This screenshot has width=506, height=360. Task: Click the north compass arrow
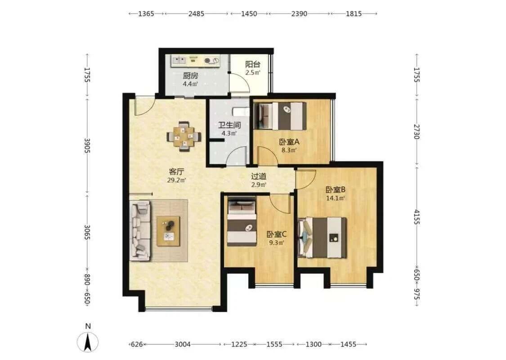pyautogui.click(x=87, y=343)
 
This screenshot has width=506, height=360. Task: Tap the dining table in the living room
pyautogui.click(x=184, y=136)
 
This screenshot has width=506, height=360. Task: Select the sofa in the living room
pyautogui.click(x=140, y=230)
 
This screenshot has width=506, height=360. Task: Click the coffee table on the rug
pyautogui.click(x=168, y=231)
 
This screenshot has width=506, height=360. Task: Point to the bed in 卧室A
pyautogui.click(x=280, y=116)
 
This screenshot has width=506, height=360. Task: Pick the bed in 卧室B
pyautogui.click(x=322, y=237)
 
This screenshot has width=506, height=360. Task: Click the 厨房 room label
pyautogui.click(x=190, y=76)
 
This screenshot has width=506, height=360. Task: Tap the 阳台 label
pyautogui.click(x=253, y=64)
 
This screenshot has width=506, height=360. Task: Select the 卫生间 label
pyautogui.click(x=229, y=125)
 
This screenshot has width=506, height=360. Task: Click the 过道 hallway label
pyautogui.click(x=259, y=176)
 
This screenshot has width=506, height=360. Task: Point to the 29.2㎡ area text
pyautogui.click(x=176, y=180)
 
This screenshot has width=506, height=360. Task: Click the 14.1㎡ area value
pyautogui.click(x=335, y=198)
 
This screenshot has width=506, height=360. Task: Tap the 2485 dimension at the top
pyautogui.click(x=196, y=14)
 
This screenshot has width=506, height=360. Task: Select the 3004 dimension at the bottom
pyautogui.click(x=183, y=344)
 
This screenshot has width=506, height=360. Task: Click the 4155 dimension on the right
pyautogui.click(x=416, y=217)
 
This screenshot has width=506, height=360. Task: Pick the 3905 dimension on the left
pyautogui.click(x=87, y=146)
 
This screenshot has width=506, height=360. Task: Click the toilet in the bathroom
pyautogui.click(x=241, y=112)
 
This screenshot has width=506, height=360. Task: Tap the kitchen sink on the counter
pyautogui.click(x=179, y=60)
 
